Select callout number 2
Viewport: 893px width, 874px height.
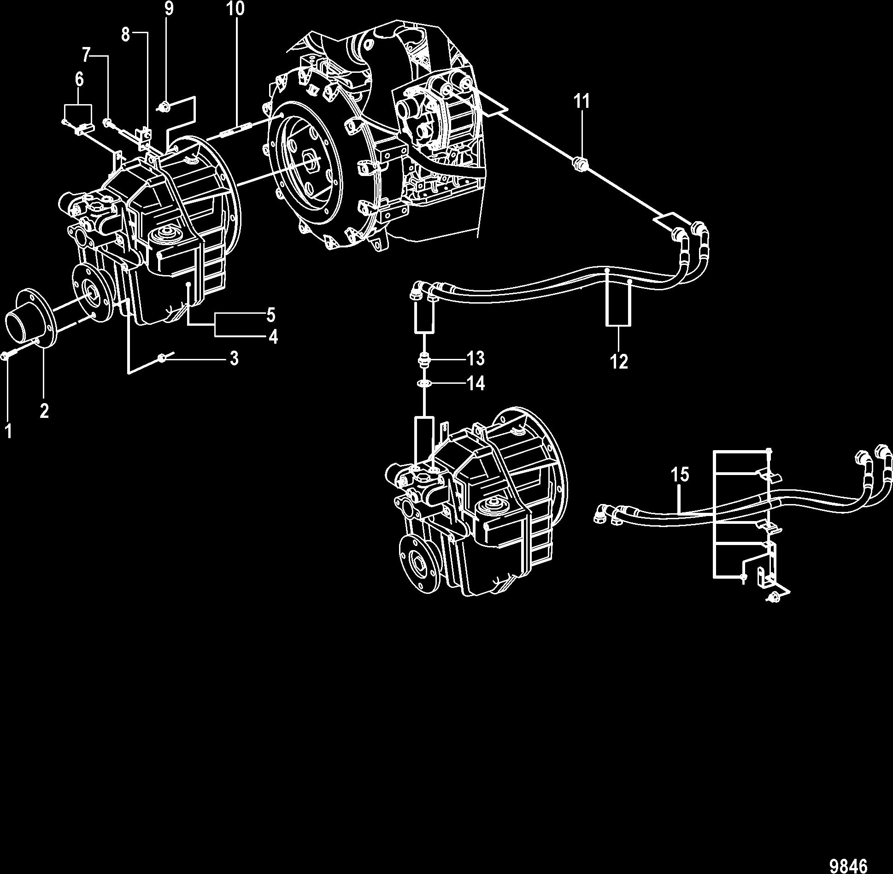pos(44,410)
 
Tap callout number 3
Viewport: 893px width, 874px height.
pos(234,358)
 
